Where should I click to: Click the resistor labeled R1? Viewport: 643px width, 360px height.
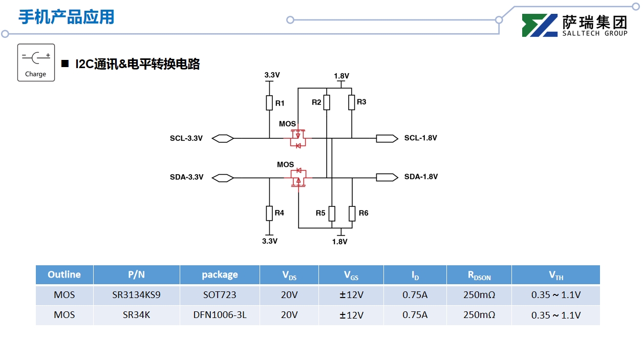[x=269, y=103]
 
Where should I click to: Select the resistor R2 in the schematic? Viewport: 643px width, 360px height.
[x=327, y=102]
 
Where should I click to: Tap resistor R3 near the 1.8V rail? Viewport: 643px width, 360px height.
[x=352, y=102]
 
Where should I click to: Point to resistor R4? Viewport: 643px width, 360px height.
[x=269, y=213]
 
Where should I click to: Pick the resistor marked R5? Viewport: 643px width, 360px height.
[x=332, y=213]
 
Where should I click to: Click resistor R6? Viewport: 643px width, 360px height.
[x=352, y=213]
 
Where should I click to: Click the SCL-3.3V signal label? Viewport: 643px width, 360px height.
[x=186, y=138]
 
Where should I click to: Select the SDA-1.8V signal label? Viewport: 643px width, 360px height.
[x=421, y=177]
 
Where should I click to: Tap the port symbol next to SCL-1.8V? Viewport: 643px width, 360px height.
[x=387, y=138]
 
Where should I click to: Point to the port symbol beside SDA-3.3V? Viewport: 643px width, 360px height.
[x=223, y=178]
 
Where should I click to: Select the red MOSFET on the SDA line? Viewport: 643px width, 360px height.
[x=298, y=178]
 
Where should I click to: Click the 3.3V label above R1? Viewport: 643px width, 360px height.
[x=272, y=75]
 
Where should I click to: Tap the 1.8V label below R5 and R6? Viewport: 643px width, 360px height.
[x=339, y=242]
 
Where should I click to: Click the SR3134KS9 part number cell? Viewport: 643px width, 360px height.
[x=136, y=295]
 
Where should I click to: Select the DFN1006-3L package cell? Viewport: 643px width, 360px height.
[x=220, y=315]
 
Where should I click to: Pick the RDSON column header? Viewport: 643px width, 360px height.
[x=479, y=275]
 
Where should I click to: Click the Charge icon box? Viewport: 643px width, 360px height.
[x=36, y=62]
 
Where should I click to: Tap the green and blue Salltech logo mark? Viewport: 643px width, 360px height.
[x=540, y=26]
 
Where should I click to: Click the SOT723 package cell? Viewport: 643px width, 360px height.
[x=220, y=295]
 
